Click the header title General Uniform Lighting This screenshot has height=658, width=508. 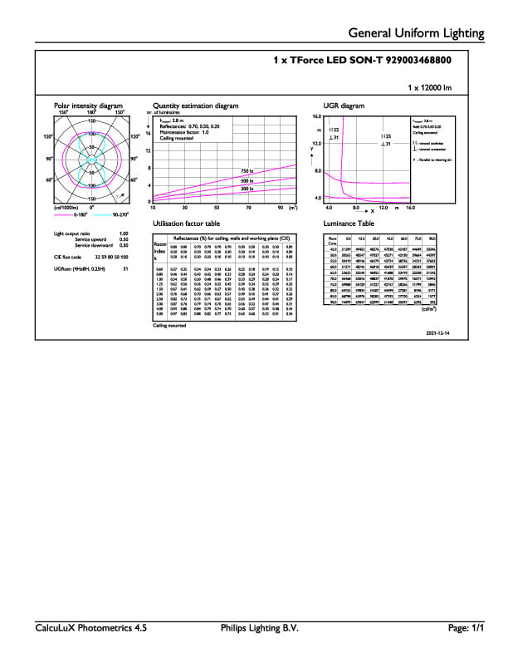tap(416, 33)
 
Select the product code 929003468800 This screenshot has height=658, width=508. tap(412, 61)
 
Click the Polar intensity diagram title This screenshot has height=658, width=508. tap(88, 106)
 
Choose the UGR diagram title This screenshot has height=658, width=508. tap(344, 106)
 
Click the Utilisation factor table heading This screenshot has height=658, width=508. tap(187, 224)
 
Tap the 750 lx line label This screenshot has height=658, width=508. tap(247, 171)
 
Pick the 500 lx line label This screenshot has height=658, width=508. tap(247, 180)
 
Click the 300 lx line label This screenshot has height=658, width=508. tap(247, 189)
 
